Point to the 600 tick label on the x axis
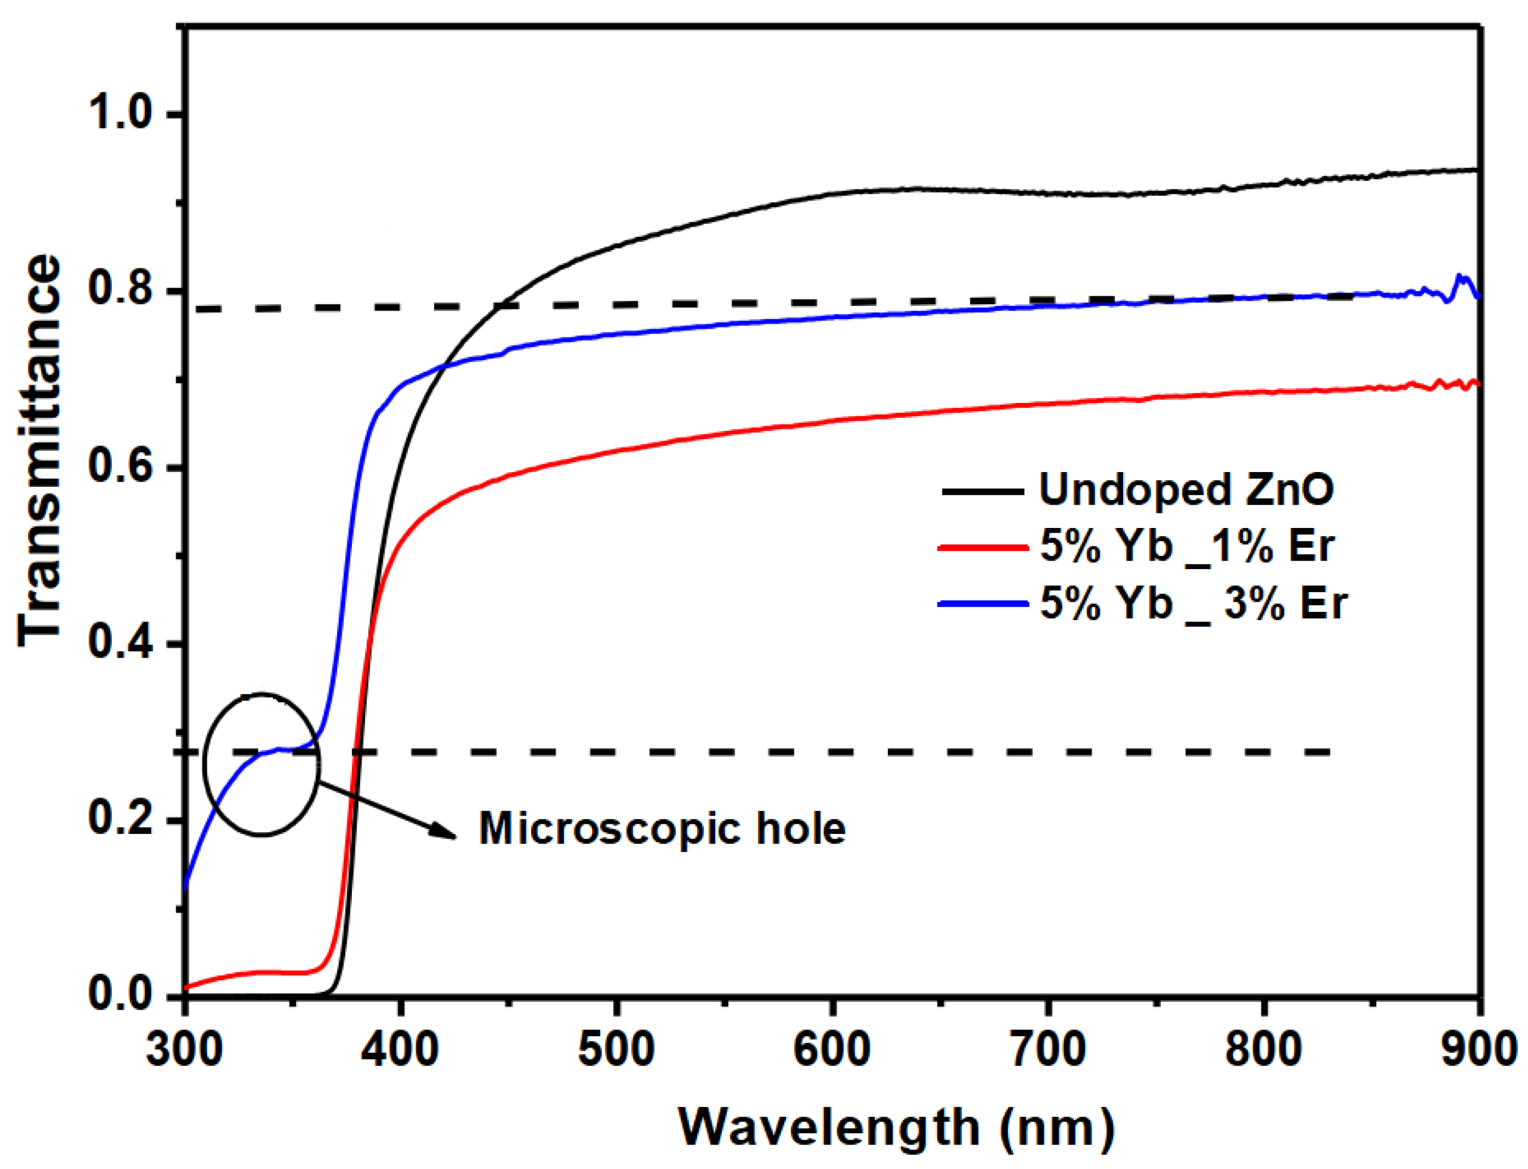click(x=832, y=1051)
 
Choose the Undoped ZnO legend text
click(x=1186, y=489)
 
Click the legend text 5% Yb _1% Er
click(x=1186, y=546)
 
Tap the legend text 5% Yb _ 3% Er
click(x=1193, y=604)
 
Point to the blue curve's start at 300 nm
click(x=185, y=887)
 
